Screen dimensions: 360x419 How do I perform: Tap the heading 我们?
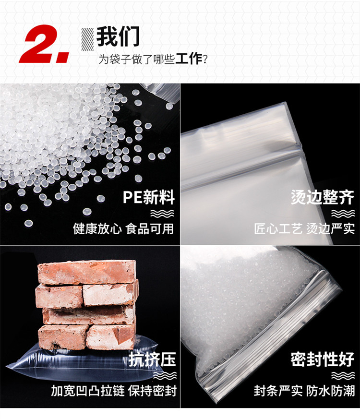coord(118,36)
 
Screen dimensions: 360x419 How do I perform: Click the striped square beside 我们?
coord(88,39)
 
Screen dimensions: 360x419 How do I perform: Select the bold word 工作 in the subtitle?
coord(189,59)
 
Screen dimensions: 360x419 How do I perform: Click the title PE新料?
coord(149,197)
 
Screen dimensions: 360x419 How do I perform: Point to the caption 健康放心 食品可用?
coord(123,229)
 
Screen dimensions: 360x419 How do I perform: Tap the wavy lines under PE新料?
coord(162,214)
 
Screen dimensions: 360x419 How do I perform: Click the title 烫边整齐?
coord(322,197)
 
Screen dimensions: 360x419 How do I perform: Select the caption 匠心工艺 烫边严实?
coord(304,229)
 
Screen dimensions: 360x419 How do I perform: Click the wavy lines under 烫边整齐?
coord(343,214)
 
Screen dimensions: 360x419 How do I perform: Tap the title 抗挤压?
coord(152,359)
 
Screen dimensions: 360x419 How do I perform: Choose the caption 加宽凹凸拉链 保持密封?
coord(114,391)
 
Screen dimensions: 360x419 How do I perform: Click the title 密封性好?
coord(322,359)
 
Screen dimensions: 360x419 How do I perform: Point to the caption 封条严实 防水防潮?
coord(304,391)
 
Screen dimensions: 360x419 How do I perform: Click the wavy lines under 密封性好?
coord(343,375)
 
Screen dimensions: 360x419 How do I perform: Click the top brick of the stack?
coord(87,272)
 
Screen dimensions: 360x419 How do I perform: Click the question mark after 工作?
coord(205,60)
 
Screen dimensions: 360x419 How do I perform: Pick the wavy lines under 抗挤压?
coord(165,375)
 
